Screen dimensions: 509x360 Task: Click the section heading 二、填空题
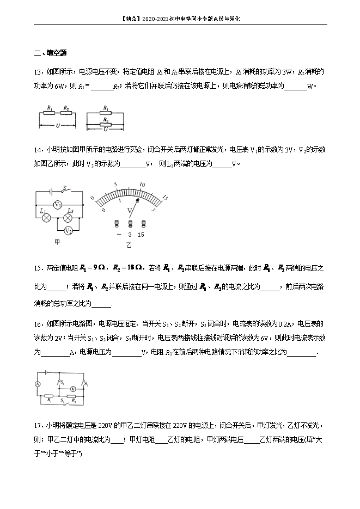(x=50, y=53)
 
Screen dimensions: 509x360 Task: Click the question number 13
(x=38, y=71)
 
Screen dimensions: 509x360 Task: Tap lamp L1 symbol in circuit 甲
(x=46, y=217)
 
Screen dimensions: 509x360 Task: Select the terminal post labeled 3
(x=130, y=224)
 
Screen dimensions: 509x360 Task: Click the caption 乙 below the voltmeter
(x=129, y=246)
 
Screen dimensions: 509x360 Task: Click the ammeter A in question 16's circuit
(x=38, y=384)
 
